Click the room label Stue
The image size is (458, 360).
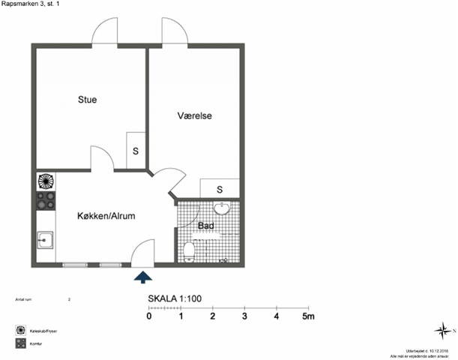point(87,100)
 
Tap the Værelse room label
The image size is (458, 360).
point(195,116)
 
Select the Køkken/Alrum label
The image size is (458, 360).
point(106,216)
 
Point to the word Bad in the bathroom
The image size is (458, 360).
point(206,225)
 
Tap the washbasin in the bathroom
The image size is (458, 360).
point(221,208)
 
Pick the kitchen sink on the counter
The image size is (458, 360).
point(45,240)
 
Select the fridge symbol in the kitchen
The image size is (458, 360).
point(46,181)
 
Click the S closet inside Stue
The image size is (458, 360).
point(136,150)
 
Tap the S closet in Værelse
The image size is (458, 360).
point(220,188)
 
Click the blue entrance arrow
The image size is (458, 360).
point(142,277)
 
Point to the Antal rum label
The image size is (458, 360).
point(25,299)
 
